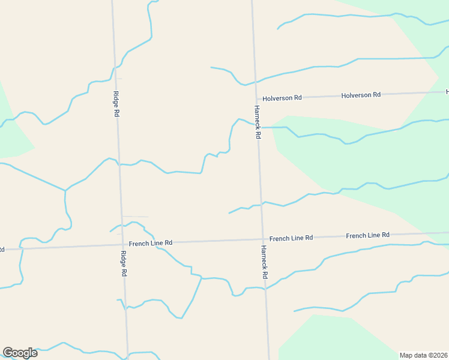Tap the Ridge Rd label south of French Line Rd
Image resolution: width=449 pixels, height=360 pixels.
click(x=123, y=263)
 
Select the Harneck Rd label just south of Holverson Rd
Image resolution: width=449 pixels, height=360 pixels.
click(x=256, y=122)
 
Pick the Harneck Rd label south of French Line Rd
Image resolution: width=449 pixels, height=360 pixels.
click(x=264, y=262)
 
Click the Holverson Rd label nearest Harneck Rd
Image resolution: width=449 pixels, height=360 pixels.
click(x=282, y=97)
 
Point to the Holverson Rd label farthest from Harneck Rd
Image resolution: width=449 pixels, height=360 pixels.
click(x=361, y=95)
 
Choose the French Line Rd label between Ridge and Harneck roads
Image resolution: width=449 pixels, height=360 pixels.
click(x=151, y=242)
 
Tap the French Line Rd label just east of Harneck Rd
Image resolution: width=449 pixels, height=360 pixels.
click(x=291, y=238)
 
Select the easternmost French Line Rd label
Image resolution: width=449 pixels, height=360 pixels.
click(x=367, y=235)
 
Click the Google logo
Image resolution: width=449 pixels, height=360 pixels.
click(x=20, y=353)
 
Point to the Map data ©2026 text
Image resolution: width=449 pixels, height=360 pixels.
click(x=424, y=355)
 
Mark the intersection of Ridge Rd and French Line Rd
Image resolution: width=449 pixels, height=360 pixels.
click(x=121, y=244)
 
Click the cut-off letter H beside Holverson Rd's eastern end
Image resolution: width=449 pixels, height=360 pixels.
click(x=447, y=92)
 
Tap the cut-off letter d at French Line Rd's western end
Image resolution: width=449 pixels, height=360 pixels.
click(x=2, y=248)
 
